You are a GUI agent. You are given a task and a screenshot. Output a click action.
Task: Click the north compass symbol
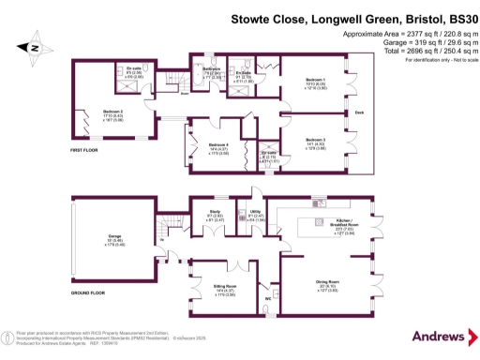[x=33, y=45]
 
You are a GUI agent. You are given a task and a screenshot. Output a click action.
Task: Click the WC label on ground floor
[x=268, y=300]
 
